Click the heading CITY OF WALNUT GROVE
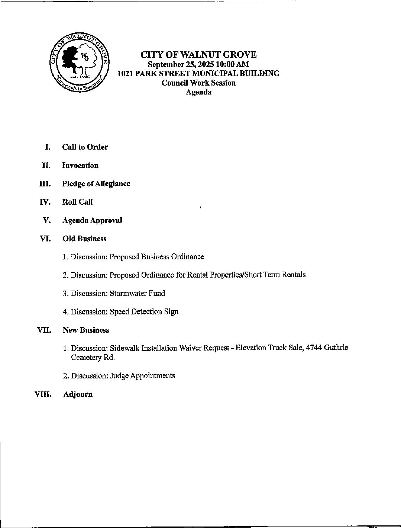click(198, 55)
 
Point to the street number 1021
click(125, 74)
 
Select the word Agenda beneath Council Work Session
click(198, 92)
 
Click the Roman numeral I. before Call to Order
click(47, 147)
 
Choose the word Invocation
click(80, 166)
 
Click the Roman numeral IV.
click(45, 202)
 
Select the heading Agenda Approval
click(92, 220)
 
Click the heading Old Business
click(85, 239)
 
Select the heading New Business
click(86, 330)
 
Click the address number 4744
click(313, 348)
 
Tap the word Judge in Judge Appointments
click(119, 376)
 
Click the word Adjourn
click(78, 394)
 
